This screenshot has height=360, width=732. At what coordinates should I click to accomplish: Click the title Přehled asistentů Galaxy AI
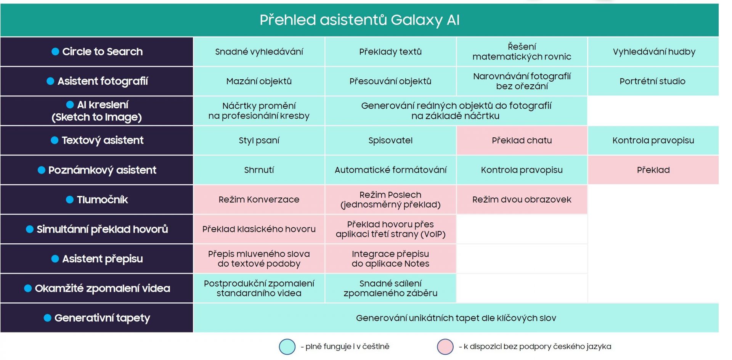coord(360,20)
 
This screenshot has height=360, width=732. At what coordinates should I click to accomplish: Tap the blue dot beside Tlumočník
coord(70,199)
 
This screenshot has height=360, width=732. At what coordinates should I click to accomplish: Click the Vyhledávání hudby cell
coord(653,51)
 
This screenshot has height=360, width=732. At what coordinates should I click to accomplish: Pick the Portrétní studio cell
coord(653,81)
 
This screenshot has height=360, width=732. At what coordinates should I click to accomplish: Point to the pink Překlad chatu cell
coord(522,140)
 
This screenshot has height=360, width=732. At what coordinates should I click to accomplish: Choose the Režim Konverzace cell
coord(259,199)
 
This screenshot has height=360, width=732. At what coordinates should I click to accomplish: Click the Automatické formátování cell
coord(390,170)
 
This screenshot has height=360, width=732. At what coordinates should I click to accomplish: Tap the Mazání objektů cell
coord(259,81)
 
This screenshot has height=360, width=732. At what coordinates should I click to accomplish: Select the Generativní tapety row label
coord(97,318)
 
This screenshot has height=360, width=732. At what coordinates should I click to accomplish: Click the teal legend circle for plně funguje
coord(287,347)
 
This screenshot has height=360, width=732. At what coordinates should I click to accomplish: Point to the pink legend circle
coord(445,347)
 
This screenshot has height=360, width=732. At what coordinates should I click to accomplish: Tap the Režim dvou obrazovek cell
coord(522,199)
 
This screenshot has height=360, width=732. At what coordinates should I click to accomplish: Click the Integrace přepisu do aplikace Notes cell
coord(390,259)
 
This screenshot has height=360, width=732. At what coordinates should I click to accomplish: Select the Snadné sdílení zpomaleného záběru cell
coord(390,288)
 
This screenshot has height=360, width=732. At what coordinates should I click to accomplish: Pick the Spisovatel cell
coord(390,140)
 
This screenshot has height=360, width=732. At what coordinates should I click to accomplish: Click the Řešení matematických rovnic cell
coord(522,51)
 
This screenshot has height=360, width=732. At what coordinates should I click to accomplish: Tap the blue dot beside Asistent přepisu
coord(55,259)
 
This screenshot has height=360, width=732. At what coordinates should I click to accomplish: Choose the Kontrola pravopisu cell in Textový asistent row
coord(653,140)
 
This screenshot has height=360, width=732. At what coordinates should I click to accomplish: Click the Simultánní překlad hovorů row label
coord(97,229)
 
